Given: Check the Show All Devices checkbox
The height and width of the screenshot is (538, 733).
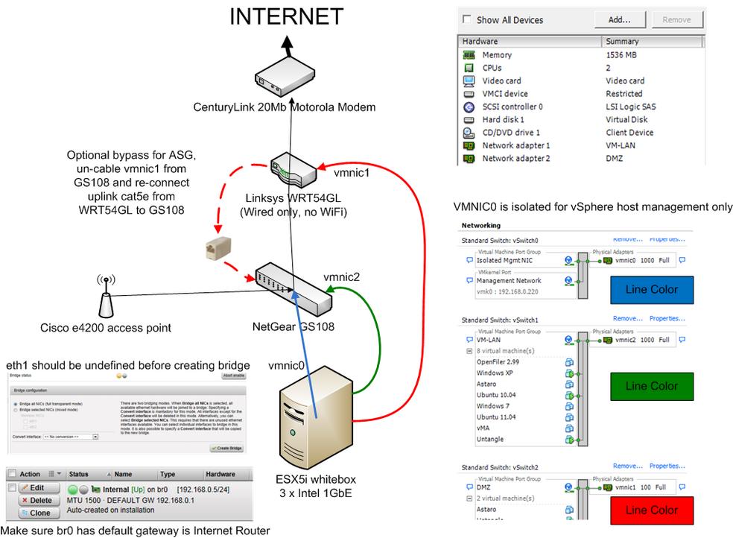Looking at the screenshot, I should coord(467,19).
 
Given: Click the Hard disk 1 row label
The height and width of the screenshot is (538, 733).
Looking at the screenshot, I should coord(503,119).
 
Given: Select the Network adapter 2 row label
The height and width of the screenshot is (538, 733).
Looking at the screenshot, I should coord(515,158).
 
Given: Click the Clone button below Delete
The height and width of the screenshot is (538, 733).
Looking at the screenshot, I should coord(35,513).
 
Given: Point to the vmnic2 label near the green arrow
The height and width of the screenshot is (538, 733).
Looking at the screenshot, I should coord(341,276).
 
